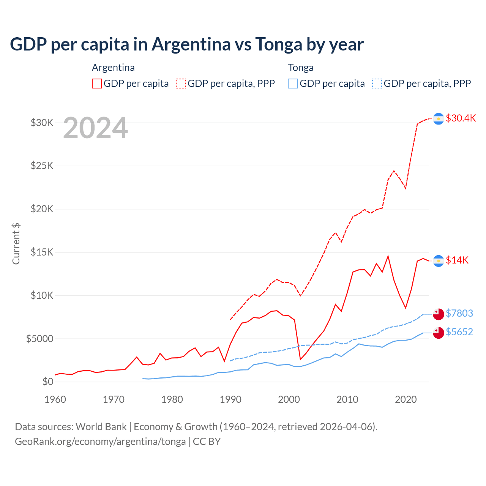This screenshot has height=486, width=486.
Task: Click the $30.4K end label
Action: point(461,118)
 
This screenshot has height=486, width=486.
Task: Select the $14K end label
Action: point(457,260)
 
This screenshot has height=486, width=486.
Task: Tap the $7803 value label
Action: point(459,313)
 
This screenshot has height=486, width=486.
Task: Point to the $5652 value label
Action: point(459,332)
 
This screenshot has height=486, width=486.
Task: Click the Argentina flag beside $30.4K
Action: point(439,119)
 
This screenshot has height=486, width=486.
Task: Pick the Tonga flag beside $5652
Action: point(439,333)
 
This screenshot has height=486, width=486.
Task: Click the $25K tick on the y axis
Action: point(42,166)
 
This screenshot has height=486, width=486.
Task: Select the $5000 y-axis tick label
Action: point(39,339)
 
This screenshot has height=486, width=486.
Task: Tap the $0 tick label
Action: point(48,382)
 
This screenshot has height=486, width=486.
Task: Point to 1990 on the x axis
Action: point(230,399)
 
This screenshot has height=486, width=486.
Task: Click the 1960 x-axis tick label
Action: point(55,399)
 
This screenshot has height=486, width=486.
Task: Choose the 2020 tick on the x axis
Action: point(406,399)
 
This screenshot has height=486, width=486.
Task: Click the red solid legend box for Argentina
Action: point(97,84)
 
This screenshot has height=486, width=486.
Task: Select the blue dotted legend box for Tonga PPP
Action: point(377,84)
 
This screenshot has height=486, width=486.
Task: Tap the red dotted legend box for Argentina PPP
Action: point(181,84)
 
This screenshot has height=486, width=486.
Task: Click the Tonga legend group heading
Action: point(301,68)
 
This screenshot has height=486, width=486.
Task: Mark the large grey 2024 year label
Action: point(95,128)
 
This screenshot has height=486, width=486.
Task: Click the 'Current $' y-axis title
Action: point(16,243)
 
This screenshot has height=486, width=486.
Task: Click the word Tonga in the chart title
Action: point(279,44)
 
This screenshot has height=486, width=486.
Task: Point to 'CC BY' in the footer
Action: point(207,442)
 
